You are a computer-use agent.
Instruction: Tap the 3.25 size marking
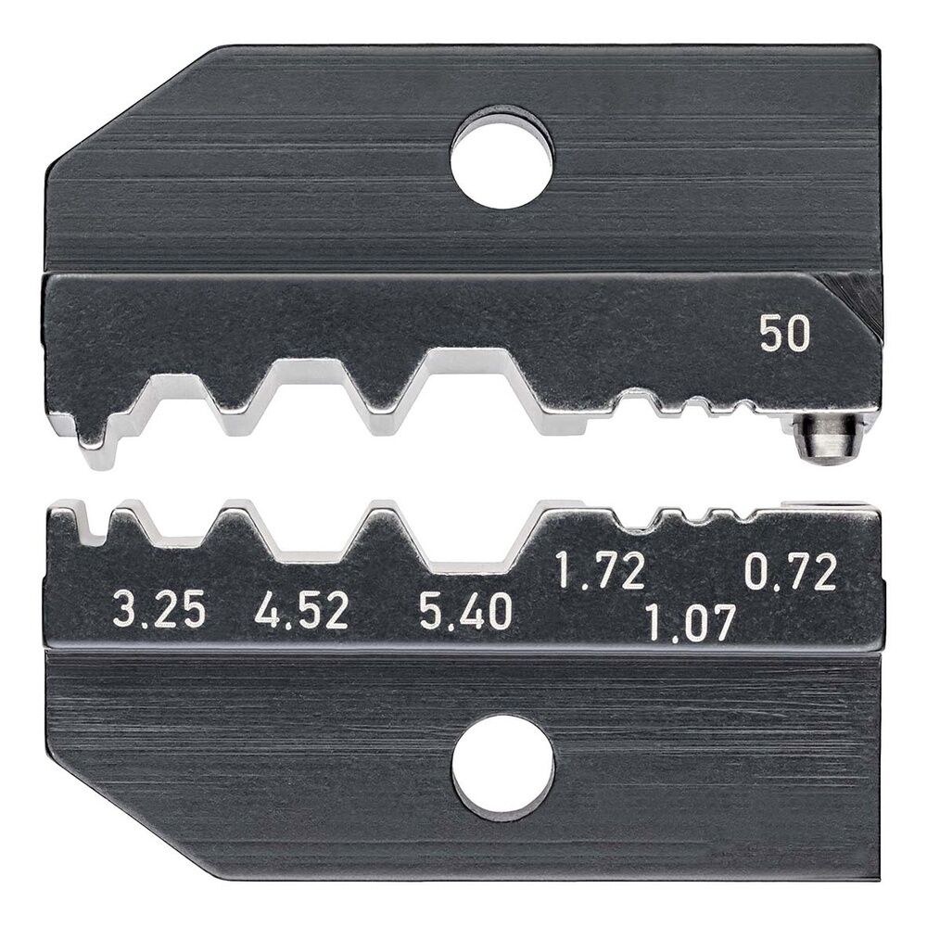(159, 611)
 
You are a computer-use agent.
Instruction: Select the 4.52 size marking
(301, 611)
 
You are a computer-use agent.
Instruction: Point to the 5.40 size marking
(465, 611)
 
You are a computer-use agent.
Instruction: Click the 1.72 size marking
(599, 571)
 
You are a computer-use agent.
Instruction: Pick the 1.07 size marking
(690, 622)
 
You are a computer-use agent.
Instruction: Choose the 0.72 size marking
(791, 571)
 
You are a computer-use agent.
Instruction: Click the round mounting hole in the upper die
(502, 158)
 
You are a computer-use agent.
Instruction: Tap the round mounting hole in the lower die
(502, 768)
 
